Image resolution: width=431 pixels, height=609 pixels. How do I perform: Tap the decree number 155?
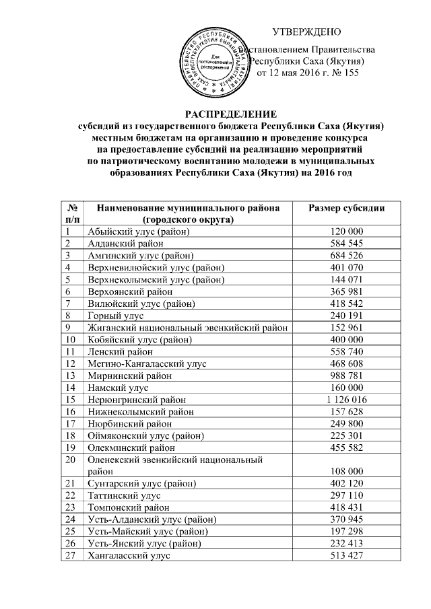[x=350, y=73]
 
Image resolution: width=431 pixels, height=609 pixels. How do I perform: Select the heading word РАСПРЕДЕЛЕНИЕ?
[x=231, y=113]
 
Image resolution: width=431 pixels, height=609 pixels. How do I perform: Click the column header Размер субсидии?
[x=346, y=208]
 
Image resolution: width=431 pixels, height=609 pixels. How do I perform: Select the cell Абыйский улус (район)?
[x=139, y=231]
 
